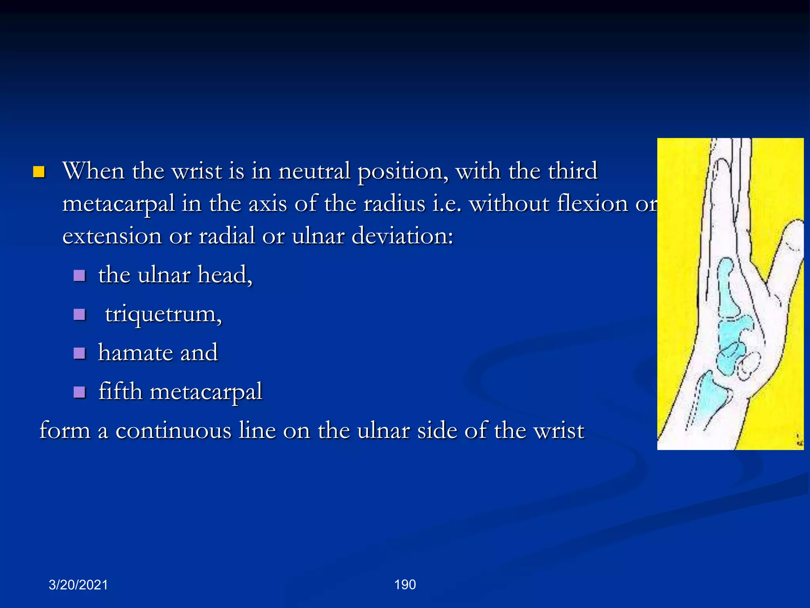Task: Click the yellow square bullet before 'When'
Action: [39, 172]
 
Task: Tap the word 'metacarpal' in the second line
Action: [119, 204]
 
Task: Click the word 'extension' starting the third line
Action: [112, 236]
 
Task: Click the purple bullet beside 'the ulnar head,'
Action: [79, 275]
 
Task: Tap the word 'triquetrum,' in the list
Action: [163, 314]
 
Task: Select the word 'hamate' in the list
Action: [135, 353]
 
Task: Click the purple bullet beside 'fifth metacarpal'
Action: [79, 392]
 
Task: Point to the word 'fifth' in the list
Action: [120, 391]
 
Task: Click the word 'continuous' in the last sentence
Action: [173, 430]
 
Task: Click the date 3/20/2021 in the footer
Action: [78, 585]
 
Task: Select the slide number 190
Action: [405, 584]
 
